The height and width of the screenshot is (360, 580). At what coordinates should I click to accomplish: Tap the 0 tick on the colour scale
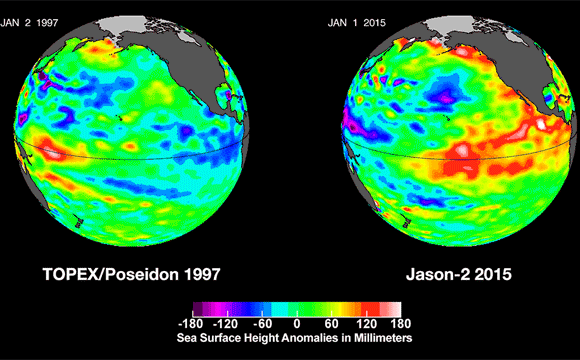pyautogui.click(x=297, y=324)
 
